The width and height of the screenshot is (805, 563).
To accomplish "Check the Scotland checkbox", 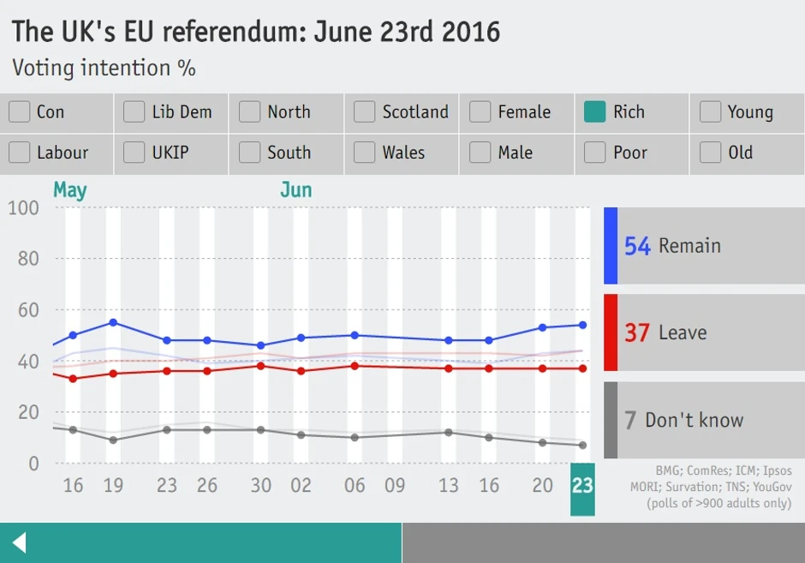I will [364, 112].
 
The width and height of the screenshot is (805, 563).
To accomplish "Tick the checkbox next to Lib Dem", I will [134, 112].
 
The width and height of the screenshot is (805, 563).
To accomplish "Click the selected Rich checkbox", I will [594, 112].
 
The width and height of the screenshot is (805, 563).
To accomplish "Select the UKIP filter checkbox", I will [134, 153].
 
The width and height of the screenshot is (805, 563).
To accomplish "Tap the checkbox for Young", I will [710, 112].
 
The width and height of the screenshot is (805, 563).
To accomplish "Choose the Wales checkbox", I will [364, 153].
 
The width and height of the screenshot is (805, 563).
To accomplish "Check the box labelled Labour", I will [19, 153].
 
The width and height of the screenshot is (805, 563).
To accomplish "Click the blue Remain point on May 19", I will [113, 322].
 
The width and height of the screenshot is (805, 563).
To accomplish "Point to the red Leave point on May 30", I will [261, 366].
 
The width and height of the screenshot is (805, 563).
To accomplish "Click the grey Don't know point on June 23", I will [582, 445].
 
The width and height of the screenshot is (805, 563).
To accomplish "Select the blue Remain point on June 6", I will [355, 335].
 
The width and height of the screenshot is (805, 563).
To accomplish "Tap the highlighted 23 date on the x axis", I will [582, 487].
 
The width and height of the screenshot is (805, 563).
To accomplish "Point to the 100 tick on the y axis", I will [23, 208].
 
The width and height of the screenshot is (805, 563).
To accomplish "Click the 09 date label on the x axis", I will [394, 486].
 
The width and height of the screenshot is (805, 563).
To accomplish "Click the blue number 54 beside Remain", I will [637, 247].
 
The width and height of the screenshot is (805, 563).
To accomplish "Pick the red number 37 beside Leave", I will [637, 332].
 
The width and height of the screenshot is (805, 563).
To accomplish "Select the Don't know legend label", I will [694, 420].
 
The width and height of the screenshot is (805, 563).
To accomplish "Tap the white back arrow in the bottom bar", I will [19, 542].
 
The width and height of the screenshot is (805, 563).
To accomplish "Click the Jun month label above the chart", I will [295, 190].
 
